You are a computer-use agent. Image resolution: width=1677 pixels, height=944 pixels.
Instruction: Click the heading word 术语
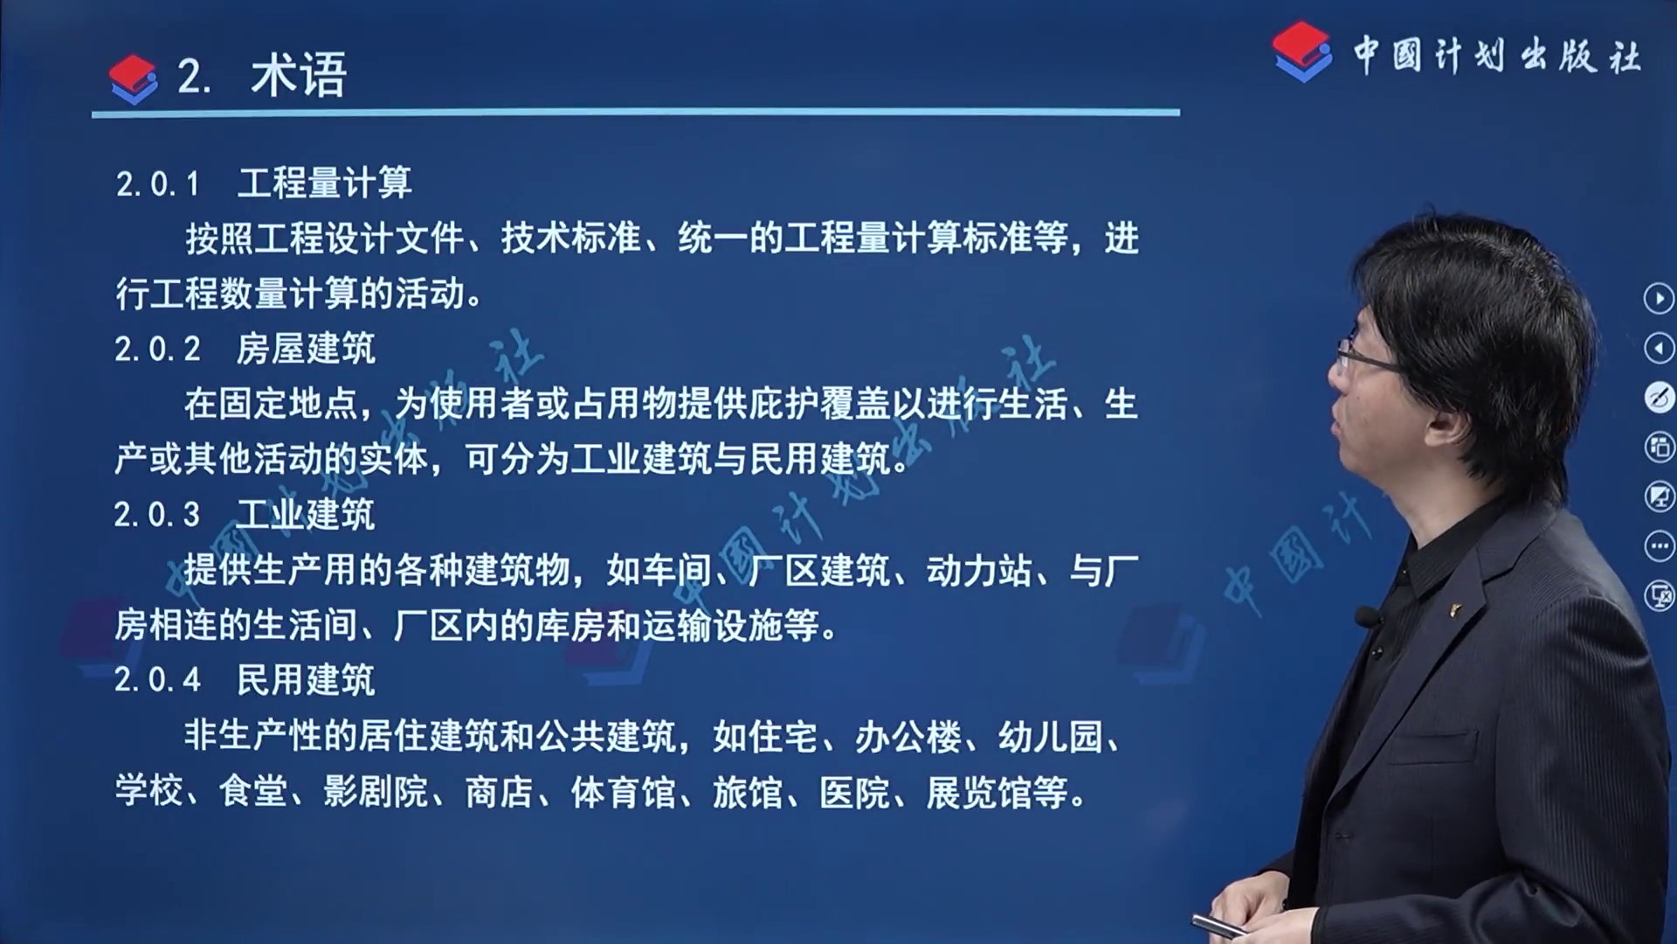coord(299,75)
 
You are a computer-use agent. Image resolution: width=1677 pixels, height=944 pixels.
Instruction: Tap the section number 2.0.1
coord(158,184)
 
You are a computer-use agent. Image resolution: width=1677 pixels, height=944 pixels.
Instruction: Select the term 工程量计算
coord(324,183)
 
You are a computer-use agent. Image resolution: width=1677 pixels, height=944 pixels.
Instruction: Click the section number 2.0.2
coord(158,349)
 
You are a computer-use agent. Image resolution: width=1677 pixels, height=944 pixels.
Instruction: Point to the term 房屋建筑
coord(306,348)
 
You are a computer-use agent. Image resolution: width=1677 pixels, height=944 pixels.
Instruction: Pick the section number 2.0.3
coord(157,514)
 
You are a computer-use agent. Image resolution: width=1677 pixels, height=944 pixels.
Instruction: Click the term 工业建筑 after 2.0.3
coord(306,514)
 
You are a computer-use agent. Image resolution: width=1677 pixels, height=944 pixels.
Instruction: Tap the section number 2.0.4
coord(158,679)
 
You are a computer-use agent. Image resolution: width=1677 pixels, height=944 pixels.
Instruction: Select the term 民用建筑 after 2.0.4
coord(306,679)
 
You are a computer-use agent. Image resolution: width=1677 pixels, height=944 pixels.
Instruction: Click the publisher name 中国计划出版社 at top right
coord(1497,56)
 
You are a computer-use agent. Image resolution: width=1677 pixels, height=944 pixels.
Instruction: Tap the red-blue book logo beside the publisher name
coord(1301,52)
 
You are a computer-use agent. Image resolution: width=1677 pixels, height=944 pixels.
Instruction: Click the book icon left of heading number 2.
coord(133,79)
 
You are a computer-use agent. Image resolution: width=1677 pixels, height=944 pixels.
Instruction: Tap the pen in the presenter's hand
coord(1224,926)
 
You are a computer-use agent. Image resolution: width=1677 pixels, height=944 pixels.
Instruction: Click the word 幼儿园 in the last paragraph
coord(1051,737)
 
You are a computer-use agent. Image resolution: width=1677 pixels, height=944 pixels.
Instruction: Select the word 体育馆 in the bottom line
coord(623,792)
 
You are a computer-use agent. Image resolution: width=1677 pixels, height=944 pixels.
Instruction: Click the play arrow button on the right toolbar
coord(1659,299)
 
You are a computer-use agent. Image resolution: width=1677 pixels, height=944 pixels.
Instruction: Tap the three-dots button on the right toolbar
coord(1659,547)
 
